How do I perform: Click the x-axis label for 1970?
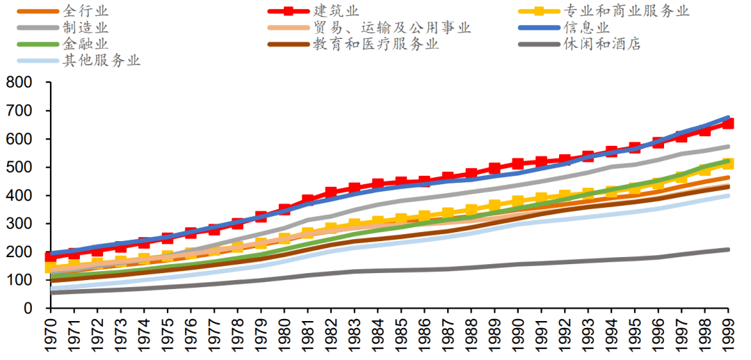click(51, 334)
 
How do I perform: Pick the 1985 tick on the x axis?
click(401, 334)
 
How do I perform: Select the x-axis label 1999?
click(728, 334)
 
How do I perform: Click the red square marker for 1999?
click(728, 123)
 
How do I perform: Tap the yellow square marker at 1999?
click(728, 164)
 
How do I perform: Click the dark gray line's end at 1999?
click(728, 249)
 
